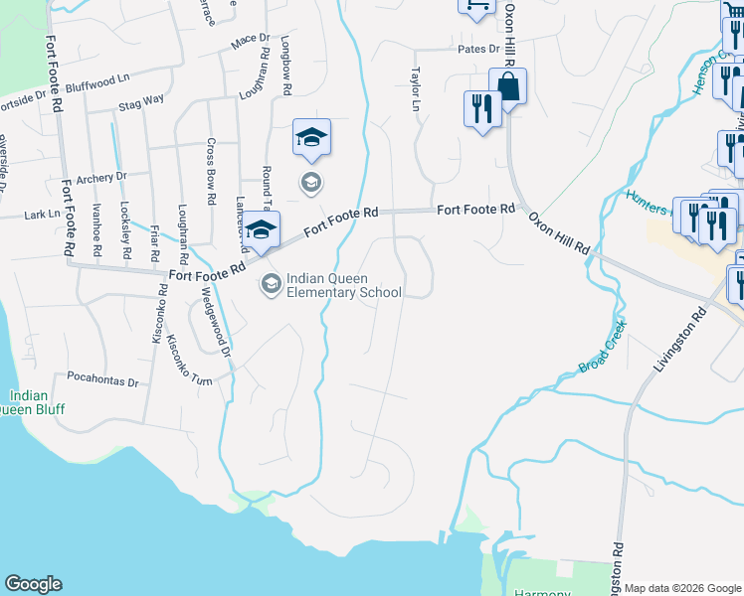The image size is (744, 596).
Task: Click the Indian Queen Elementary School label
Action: point(343,285)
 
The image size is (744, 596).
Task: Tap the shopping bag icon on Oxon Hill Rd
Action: point(507,87)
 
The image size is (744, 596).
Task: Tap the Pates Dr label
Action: point(478,48)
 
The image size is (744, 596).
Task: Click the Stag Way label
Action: point(141,101)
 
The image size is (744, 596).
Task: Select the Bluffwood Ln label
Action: point(99,77)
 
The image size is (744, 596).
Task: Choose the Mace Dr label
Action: point(250,41)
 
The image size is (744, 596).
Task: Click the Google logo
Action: point(33,584)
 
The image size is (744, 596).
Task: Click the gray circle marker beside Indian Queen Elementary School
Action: point(270,285)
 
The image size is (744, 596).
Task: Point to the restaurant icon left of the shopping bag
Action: point(481,109)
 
